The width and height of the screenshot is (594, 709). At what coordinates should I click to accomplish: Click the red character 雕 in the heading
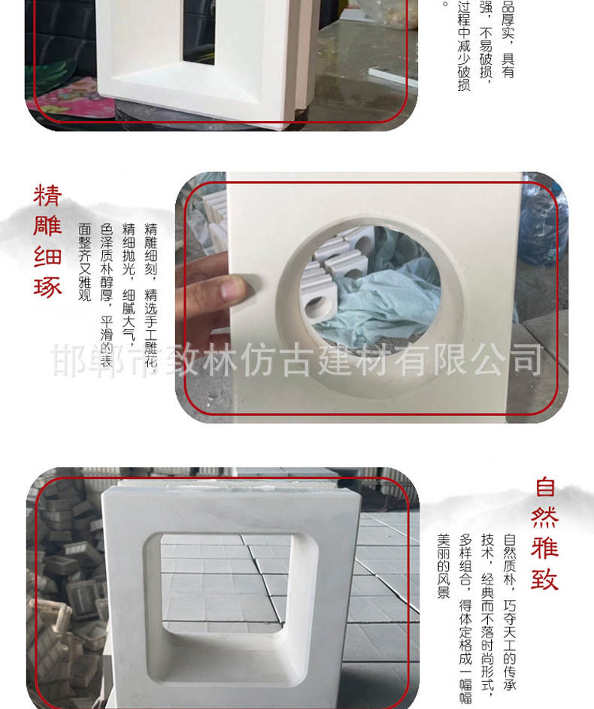(47, 226)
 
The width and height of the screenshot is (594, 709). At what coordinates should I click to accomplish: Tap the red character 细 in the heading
(47, 257)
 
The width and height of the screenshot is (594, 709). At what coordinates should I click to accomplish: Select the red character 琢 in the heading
(47, 287)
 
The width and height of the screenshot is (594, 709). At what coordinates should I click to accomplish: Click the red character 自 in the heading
(545, 487)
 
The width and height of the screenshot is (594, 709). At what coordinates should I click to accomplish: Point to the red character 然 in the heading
(545, 518)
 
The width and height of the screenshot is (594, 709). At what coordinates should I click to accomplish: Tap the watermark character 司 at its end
(526, 359)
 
